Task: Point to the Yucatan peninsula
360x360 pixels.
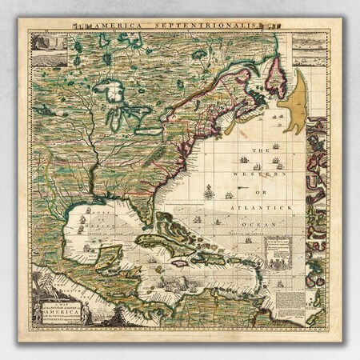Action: coord(112,258)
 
